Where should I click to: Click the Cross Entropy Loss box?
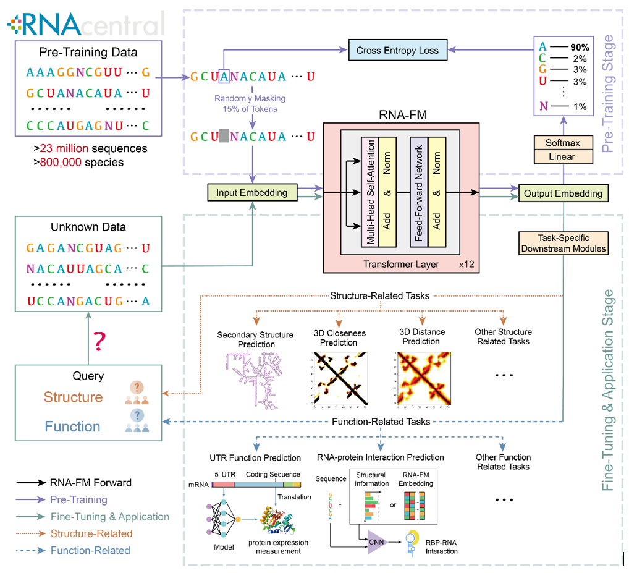point(397,51)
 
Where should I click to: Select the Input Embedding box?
point(251,193)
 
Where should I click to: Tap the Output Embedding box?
point(562,193)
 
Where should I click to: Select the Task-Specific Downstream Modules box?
point(564,244)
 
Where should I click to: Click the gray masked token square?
point(224,136)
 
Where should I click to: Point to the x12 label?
point(465,264)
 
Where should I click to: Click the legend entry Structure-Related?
point(91,533)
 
